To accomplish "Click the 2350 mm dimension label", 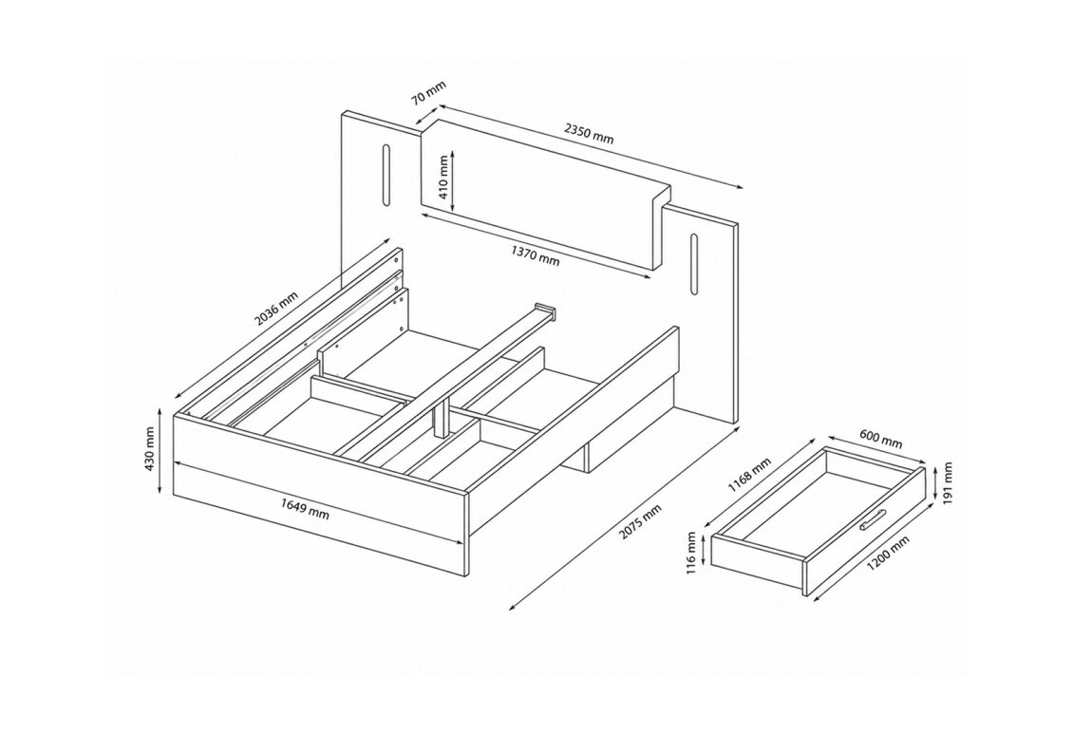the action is (x=589, y=133).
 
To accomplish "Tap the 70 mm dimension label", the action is (x=428, y=94).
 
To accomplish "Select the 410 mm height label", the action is (x=443, y=177).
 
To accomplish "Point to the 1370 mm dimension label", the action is (x=536, y=255).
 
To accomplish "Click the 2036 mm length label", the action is (x=276, y=309).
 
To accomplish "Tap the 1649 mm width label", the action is (x=305, y=508).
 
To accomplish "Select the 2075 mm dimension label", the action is (x=641, y=522).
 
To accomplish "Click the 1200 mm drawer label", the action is (x=888, y=553).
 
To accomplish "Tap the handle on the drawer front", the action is (x=873, y=520).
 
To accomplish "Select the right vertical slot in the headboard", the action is (x=694, y=266).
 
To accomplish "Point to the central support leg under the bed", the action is (x=441, y=417).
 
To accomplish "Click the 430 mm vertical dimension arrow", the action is (x=160, y=451).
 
